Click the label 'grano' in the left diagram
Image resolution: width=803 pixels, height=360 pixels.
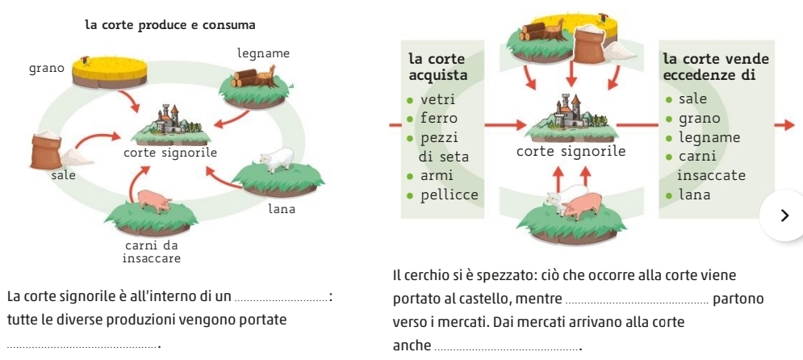[47, 69]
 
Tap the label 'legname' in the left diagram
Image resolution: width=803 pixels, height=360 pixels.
[264, 52]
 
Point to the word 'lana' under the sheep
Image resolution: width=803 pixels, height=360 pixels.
[282, 209]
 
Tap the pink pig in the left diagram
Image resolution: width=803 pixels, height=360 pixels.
[156, 200]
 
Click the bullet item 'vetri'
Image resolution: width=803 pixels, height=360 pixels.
[438, 100]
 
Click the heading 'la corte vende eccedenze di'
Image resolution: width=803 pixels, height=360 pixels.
[714, 67]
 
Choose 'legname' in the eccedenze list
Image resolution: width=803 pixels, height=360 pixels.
[709, 136]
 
